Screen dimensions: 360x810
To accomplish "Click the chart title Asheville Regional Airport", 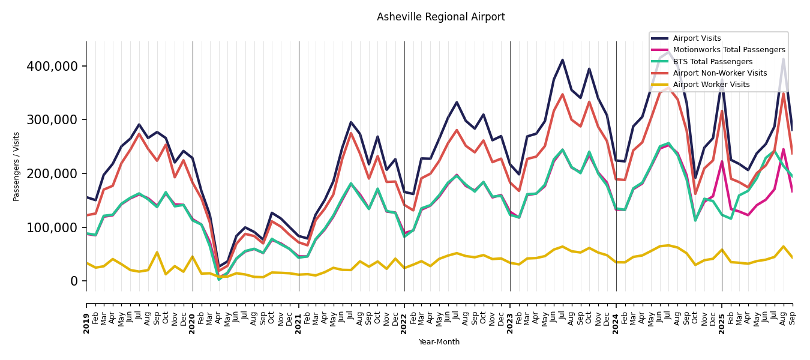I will (x=440, y=17).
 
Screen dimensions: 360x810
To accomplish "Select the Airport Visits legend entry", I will (x=697, y=38).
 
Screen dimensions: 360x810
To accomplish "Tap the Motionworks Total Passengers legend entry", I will (x=728, y=50).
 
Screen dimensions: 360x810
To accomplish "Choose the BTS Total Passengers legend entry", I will (x=712, y=62).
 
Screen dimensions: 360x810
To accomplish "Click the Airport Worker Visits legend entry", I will (x=711, y=85).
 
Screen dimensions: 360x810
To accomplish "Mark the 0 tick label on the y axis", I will (x=74, y=281).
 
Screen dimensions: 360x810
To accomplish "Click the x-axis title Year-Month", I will (x=439, y=342).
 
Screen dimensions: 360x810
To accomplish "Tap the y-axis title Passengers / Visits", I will (x=17, y=166).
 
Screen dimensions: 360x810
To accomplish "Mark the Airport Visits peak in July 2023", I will (x=562, y=60).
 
